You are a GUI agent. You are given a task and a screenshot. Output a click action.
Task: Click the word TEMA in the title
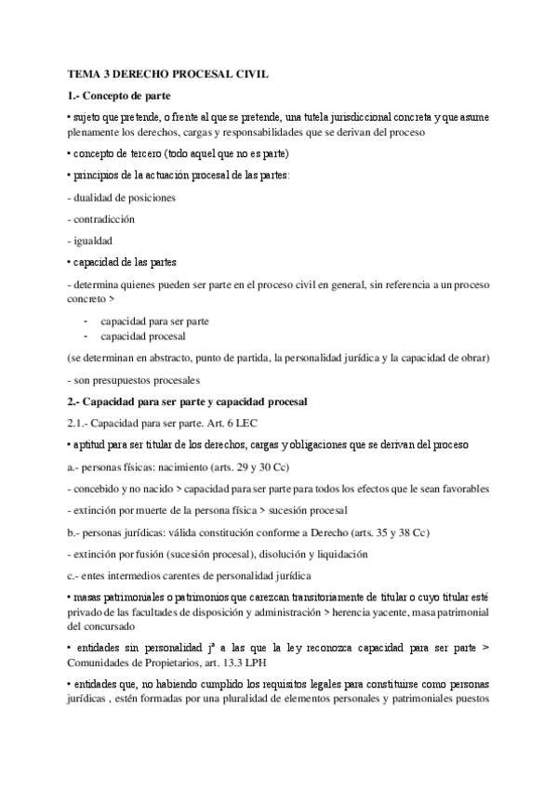click(86, 72)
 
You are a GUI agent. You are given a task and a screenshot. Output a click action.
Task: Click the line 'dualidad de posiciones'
click(123, 198)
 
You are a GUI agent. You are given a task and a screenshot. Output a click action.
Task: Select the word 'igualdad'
click(94, 241)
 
